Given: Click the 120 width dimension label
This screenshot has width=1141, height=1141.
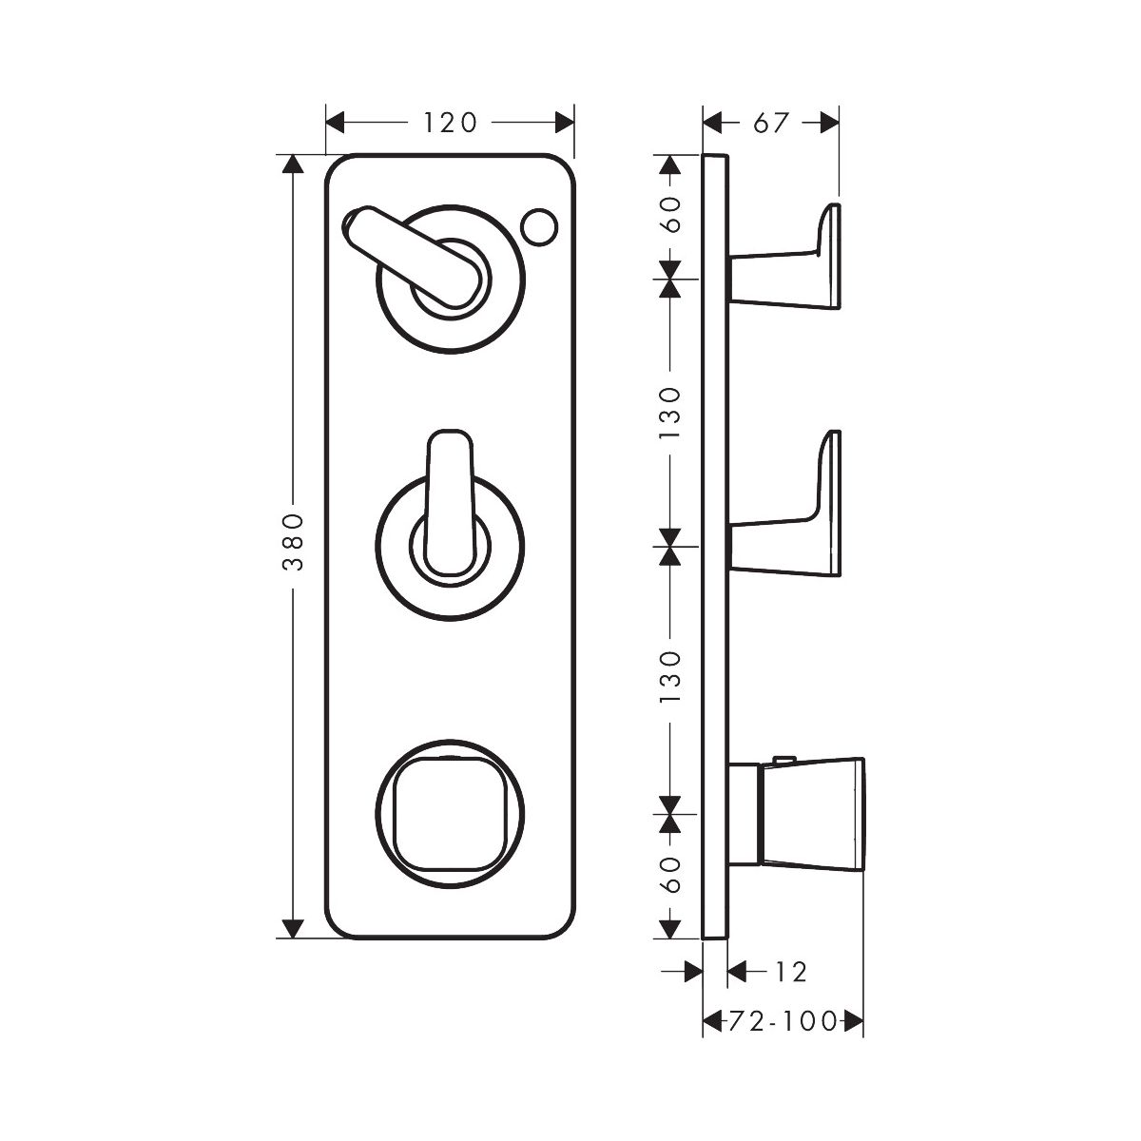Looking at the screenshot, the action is coord(450,123).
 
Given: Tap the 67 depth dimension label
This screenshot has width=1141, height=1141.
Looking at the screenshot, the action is coord(771,123).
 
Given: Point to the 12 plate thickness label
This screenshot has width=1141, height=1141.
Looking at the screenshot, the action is coord(790,972).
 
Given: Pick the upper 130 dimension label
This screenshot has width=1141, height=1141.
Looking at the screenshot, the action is coord(671,413).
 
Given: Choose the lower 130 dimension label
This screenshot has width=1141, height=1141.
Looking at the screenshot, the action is coord(671,677).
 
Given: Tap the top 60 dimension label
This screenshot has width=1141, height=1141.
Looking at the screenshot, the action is coord(671,214).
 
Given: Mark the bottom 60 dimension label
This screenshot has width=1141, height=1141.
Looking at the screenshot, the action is coord(671,875).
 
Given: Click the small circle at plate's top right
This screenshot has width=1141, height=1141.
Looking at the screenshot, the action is coord(539,226).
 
